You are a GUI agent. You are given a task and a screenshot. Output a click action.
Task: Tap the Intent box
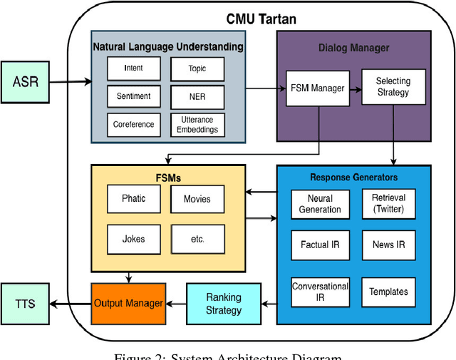(x=133, y=68)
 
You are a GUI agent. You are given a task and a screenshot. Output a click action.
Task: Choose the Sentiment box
(x=133, y=96)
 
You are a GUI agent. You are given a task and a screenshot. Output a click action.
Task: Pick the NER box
(x=197, y=96)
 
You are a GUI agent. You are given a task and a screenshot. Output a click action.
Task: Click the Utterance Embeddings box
(x=197, y=125)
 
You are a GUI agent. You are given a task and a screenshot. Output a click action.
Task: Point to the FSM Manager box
(x=317, y=88)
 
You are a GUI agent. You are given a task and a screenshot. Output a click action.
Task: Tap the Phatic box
(x=133, y=199)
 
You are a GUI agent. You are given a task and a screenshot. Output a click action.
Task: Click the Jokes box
(x=133, y=238)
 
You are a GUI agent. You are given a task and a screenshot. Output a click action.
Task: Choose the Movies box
(x=197, y=199)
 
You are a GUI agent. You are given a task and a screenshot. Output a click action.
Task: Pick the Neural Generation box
(x=320, y=204)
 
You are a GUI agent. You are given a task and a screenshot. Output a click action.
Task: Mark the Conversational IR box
(x=320, y=292)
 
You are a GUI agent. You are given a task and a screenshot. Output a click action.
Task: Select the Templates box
(x=388, y=292)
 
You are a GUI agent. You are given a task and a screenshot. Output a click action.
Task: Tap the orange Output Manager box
(x=129, y=303)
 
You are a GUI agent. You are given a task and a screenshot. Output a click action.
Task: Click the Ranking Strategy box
(x=224, y=303)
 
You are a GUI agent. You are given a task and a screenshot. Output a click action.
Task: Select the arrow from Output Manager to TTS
(x=71, y=304)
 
